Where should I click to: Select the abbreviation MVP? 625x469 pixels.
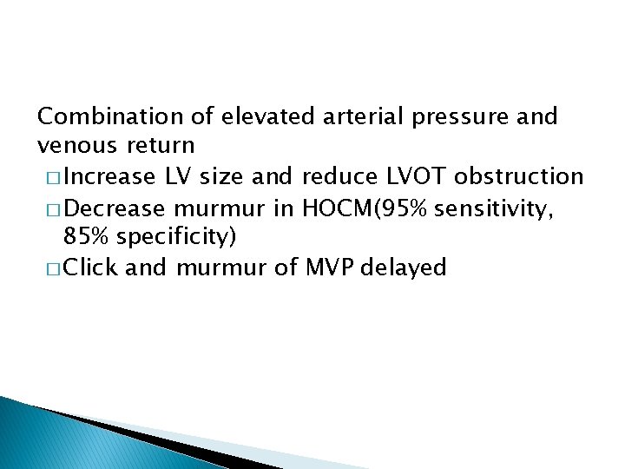point(328,268)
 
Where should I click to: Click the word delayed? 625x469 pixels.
point(406,268)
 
